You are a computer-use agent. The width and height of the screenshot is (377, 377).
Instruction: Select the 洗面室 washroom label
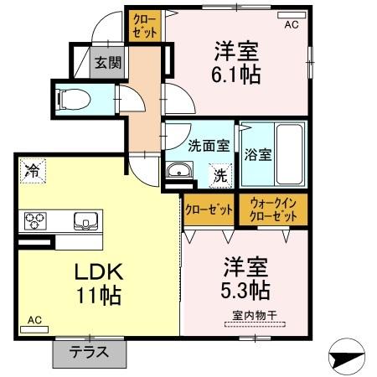click(x=208, y=145)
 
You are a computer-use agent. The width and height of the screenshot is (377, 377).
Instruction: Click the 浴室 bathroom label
click(x=257, y=154)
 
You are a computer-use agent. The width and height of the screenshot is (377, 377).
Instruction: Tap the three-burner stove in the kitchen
click(x=34, y=220)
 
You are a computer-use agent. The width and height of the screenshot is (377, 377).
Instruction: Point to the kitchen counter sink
click(x=85, y=221)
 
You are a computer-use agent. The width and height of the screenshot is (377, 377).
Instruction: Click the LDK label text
click(x=100, y=271)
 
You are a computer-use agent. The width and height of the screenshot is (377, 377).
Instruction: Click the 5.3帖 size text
click(x=245, y=290)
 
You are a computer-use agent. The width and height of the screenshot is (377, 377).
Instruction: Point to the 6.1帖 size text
click(x=237, y=75)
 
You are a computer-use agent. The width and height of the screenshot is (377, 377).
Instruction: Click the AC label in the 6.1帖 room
click(x=291, y=25)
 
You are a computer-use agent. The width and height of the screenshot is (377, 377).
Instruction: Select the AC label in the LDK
click(x=34, y=320)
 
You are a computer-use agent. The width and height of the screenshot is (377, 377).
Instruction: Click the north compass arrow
click(x=344, y=358)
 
